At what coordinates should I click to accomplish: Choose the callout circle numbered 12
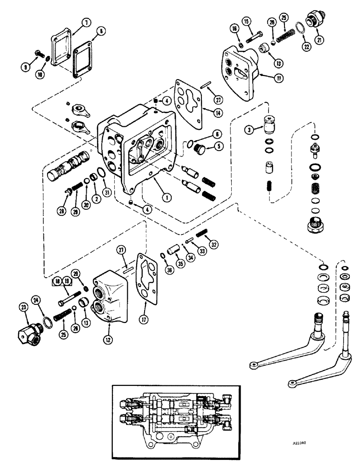coord(108,340)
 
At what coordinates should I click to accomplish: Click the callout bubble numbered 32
coord(214,243)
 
